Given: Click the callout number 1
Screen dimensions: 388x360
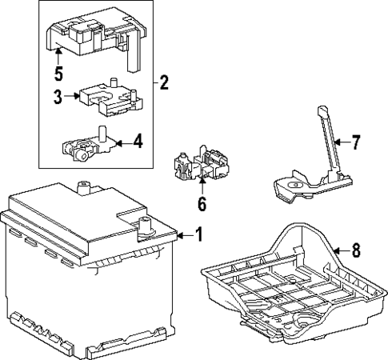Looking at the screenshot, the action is [199, 234].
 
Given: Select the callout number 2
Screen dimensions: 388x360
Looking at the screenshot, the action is [164, 82].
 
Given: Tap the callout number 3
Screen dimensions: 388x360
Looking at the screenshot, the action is [58, 97].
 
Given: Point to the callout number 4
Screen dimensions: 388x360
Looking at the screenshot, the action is [138, 142].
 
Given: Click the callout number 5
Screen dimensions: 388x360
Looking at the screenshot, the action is [58, 73].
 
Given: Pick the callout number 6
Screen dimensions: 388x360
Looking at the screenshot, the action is [202, 204].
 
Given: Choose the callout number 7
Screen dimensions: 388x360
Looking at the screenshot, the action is [356, 142].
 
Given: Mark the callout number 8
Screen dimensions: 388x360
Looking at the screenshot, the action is [356, 250].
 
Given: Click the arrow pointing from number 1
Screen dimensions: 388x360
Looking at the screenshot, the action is [186, 235].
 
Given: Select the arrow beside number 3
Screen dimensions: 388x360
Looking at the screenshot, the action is [71, 96].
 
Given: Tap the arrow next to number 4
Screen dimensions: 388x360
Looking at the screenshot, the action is [124, 143].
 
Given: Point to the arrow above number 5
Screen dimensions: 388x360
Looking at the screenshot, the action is [58, 56].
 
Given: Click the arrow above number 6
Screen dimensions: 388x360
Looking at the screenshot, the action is [202, 187].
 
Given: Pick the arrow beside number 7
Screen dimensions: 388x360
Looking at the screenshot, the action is [342, 142].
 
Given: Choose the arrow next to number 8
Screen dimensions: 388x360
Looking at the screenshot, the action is [342, 250].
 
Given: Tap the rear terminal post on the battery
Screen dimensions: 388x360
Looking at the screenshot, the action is [84, 188].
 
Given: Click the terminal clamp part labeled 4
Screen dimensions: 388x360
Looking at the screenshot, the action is [89, 145].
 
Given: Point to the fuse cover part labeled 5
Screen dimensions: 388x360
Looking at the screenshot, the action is [96, 38].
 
